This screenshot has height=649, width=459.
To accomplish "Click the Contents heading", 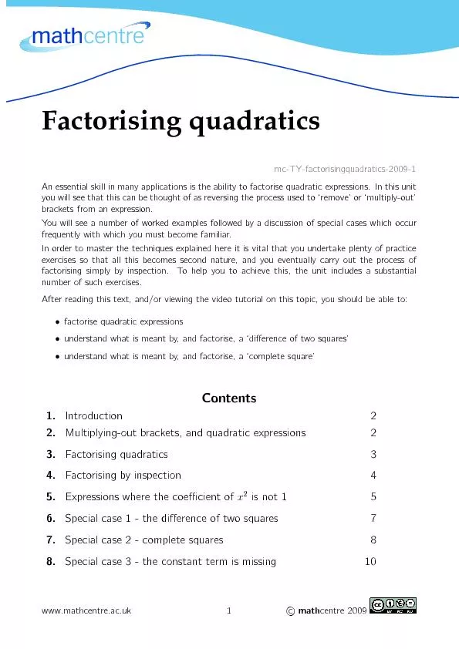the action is click(x=229, y=398).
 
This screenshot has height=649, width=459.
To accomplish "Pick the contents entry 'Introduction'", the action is click(x=93, y=415).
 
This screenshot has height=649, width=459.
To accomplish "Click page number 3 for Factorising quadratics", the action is click(x=373, y=454).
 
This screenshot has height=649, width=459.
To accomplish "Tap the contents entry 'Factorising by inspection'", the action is click(x=123, y=475).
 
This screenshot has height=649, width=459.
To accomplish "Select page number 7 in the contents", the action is click(x=373, y=518).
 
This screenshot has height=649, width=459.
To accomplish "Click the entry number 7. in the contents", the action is click(x=50, y=540).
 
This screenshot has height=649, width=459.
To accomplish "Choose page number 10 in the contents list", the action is click(x=370, y=561).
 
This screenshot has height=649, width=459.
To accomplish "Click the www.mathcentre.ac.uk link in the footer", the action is click(x=86, y=611).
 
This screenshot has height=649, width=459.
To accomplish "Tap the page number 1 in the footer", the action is click(x=229, y=611).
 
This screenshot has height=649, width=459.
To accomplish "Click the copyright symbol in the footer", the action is click(x=289, y=611).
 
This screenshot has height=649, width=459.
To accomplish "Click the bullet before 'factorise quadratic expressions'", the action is click(x=59, y=321).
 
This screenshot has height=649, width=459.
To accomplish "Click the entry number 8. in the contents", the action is click(x=50, y=561).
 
